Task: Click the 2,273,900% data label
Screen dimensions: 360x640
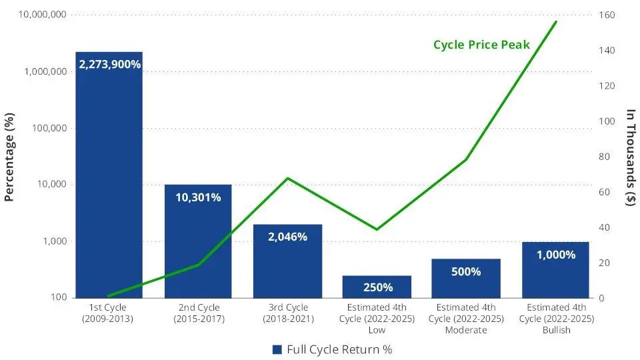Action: pos(109,65)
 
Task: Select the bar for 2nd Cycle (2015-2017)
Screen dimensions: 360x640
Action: pos(198,247)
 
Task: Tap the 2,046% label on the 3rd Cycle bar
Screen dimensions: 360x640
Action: pos(287,237)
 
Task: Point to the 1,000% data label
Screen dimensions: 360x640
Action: pos(555,254)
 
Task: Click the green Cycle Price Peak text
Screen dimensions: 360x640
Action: pos(481,45)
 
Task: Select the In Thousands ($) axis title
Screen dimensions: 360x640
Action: pos(631,157)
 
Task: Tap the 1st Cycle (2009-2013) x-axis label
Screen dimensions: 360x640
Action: pos(108,313)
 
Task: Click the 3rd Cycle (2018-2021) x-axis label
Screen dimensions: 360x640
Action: pos(287,313)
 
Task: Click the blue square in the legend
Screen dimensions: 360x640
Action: pos(277,349)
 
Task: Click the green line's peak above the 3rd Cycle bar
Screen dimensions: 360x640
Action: pos(287,178)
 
